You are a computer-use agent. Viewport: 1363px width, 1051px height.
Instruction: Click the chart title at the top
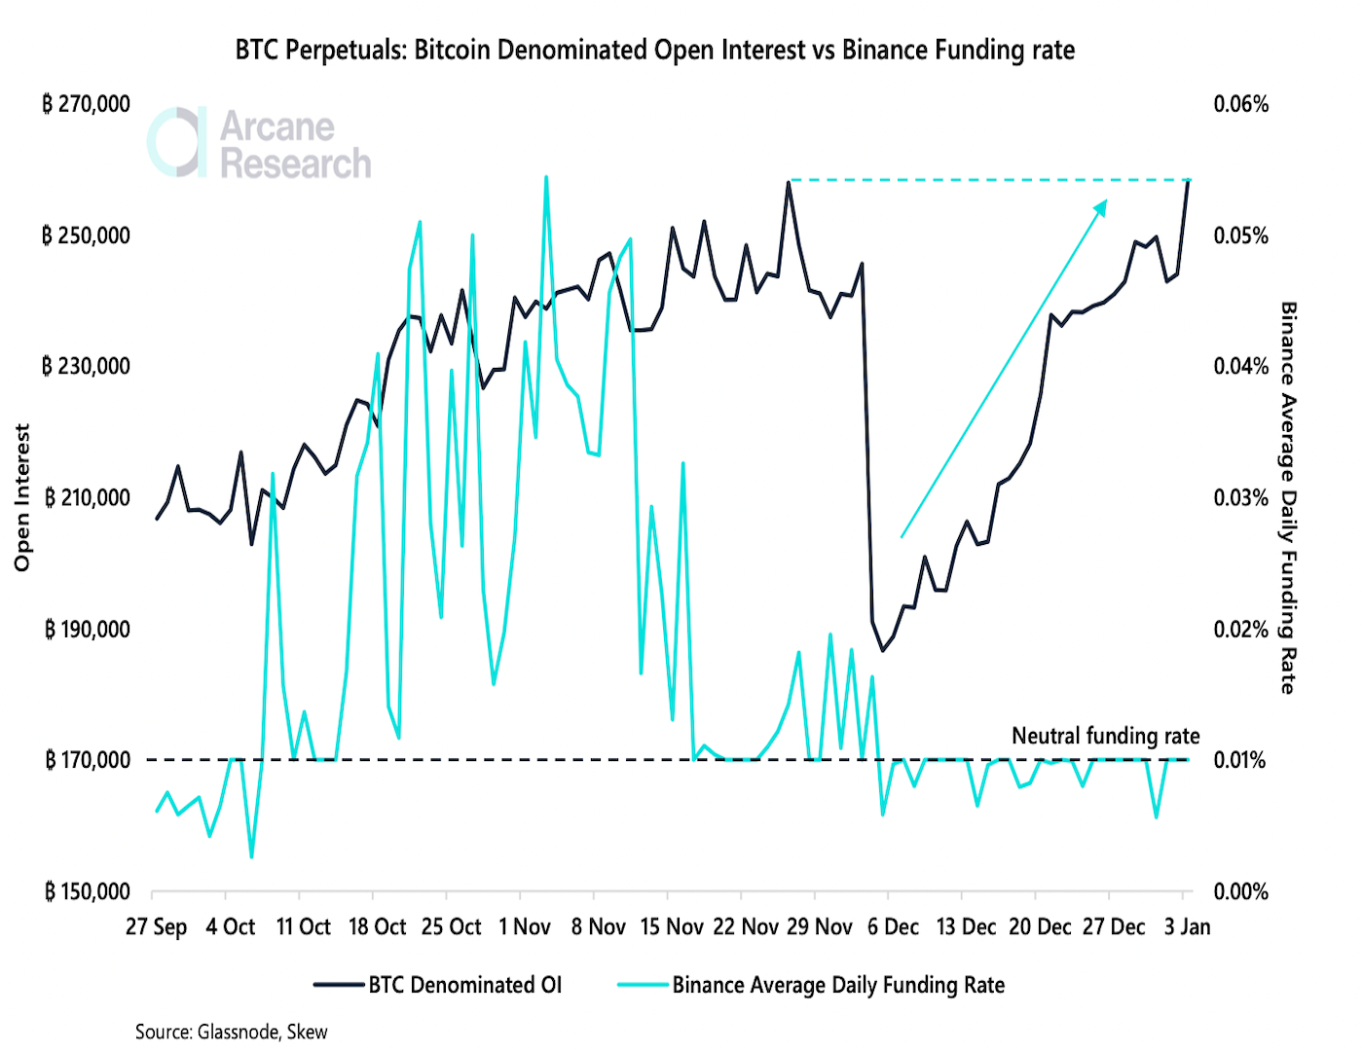point(654,50)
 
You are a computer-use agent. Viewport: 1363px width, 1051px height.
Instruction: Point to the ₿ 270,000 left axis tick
point(86,104)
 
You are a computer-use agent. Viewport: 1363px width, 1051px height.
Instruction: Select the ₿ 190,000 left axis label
point(87,630)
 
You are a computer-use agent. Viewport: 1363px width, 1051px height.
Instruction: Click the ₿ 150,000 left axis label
point(87,891)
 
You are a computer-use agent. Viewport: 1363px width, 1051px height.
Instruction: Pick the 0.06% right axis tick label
point(1240,104)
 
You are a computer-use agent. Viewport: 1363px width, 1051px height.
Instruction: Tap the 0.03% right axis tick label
point(1240,498)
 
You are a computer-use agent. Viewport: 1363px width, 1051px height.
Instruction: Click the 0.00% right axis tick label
point(1240,891)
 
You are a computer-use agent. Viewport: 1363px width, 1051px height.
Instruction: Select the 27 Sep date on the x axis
point(156,926)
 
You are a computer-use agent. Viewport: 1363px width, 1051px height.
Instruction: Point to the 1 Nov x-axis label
point(524,926)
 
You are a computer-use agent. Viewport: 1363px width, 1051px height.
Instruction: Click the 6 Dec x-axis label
point(893,926)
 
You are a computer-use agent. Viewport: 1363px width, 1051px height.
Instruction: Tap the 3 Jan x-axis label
point(1187,926)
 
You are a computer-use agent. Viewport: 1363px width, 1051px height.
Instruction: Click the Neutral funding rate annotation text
point(1105,736)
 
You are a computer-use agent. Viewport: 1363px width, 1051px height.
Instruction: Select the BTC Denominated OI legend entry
point(438,985)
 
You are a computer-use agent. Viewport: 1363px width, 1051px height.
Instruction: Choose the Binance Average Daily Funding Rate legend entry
point(811,985)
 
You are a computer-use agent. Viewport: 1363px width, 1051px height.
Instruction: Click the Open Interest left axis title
point(22,497)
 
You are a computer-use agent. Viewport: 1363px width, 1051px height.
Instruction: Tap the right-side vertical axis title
point(1288,497)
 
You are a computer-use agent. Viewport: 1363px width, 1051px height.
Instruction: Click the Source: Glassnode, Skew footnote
point(231,1032)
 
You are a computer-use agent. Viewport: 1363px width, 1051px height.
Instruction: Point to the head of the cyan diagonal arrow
point(1106,201)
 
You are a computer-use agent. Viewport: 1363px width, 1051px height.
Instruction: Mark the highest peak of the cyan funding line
point(545,177)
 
